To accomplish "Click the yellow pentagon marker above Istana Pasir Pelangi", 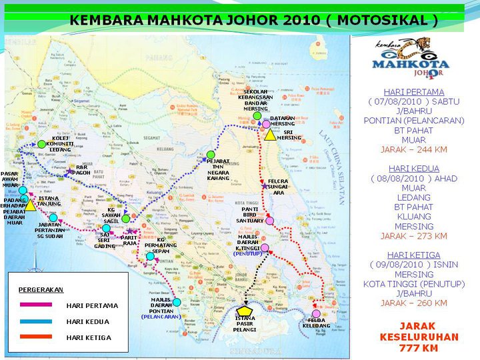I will pyautogui.click(x=245, y=310).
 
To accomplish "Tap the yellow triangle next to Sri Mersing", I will pyautogui.click(x=269, y=135).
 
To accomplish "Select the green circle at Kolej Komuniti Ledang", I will pyautogui.click(x=42, y=143).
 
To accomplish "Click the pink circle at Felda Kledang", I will pyautogui.click(x=316, y=313).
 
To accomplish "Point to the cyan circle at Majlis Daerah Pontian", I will pyautogui.click(x=177, y=302).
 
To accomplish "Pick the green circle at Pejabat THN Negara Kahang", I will pyautogui.click(x=211, y=155).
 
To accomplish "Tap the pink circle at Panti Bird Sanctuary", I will pyautogui.click(x=269, y=221).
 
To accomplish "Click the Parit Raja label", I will pyautogui.click(x=129, y=241).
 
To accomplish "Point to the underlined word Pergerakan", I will pyautogui.click(x=41, y=290).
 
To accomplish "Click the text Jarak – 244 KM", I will pyautogui.click(x=414, y=150).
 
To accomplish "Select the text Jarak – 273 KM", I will pyautogui.click(x=414, y=236).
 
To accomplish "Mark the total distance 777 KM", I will pyautogui.click(x=419, y=348).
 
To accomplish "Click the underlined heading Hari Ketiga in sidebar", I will pyautogui.click(x=414, y=255).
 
